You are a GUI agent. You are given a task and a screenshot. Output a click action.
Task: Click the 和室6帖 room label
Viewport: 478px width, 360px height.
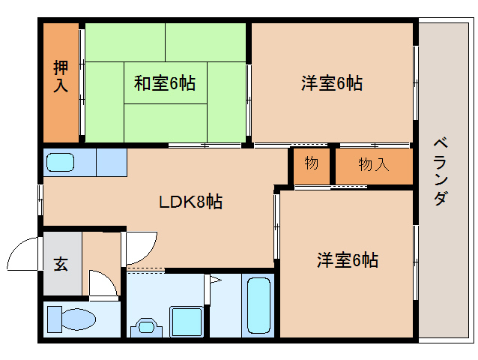point(164,83)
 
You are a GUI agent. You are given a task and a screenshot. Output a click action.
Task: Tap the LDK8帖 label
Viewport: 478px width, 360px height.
point(190,202)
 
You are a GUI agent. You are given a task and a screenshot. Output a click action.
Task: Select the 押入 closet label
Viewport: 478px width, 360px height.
point(61,76)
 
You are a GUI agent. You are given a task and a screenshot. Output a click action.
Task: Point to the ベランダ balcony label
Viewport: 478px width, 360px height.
point(441,172)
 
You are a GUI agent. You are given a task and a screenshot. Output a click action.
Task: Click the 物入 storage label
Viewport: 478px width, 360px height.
point(373,164)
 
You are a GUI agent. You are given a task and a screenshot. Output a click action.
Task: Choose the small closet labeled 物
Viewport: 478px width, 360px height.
point(312,163)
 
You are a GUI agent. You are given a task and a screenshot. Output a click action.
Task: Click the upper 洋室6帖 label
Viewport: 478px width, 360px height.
point(332,83)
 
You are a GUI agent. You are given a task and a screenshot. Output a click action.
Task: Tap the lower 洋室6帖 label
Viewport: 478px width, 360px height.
point(346,260)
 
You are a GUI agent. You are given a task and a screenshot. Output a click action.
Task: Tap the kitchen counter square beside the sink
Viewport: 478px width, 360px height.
point(111,162)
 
